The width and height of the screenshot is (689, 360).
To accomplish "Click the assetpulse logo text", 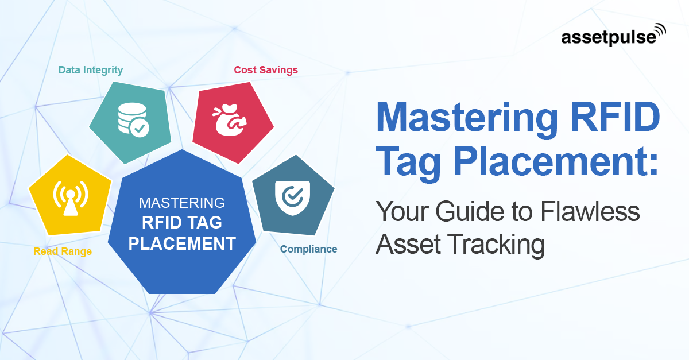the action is point(609,38).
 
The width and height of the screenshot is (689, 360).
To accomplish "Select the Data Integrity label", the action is point(91,70).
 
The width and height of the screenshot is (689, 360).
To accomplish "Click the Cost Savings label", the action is point(266,70).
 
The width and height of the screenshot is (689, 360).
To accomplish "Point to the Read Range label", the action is point(63,251).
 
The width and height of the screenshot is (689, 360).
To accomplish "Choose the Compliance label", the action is point(308,249).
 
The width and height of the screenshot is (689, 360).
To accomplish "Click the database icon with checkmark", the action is point(133,120).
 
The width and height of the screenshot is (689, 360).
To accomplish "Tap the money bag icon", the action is point(230,120).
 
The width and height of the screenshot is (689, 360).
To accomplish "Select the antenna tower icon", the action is point(71,199).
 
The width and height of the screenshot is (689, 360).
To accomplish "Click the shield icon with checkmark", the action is point(292,198).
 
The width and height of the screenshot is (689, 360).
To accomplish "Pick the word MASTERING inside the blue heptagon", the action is point(182,203).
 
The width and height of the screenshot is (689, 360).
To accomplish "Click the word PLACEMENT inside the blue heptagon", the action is point(182,243).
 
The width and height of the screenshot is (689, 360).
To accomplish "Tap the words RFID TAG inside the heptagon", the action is point(182,222).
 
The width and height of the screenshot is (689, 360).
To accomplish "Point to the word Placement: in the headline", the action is point(556,161).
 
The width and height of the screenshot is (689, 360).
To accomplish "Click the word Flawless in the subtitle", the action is point(590,211).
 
